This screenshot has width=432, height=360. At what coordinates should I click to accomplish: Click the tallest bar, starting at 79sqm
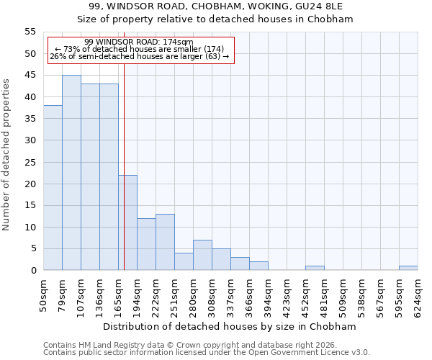coord(71,173)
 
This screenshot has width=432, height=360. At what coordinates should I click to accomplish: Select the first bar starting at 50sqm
coord(53,188)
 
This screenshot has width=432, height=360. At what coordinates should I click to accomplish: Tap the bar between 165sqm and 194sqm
coord(127,222)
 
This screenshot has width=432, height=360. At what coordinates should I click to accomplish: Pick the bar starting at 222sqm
coord(165,242)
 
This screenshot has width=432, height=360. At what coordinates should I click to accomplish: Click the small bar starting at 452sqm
coord(315,268)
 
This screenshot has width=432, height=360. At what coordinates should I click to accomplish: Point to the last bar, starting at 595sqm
coord(408,268)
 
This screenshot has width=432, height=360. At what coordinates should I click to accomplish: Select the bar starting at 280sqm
coord(202,255)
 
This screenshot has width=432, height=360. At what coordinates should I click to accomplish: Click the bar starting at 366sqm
coord(258,266)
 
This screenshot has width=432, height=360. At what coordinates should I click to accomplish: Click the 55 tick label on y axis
coord(30,32)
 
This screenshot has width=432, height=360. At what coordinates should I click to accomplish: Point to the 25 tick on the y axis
coord(30,162)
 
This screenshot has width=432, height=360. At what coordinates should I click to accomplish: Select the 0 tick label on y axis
coord(32,271)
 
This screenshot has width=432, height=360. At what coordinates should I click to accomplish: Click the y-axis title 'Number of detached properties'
coord(7,155)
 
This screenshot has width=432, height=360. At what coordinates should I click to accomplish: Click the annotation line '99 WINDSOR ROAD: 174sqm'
coord(138,42)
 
